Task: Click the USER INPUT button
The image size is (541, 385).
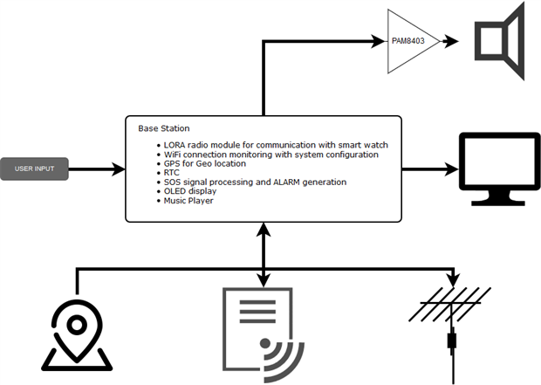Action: (x=35, y=168)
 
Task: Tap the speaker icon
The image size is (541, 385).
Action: (x=500, y=40)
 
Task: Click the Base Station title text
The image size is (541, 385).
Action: (x=164, y=128)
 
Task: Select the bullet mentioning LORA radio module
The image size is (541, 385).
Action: (x=270, y=145)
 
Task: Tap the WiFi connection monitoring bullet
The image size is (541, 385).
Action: (x=270, y=155)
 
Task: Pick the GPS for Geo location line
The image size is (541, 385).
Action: (x=204, y=163)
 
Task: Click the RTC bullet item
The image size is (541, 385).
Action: (x=173, y=173)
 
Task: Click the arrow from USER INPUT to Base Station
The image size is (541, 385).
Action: (x=96, y=168)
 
